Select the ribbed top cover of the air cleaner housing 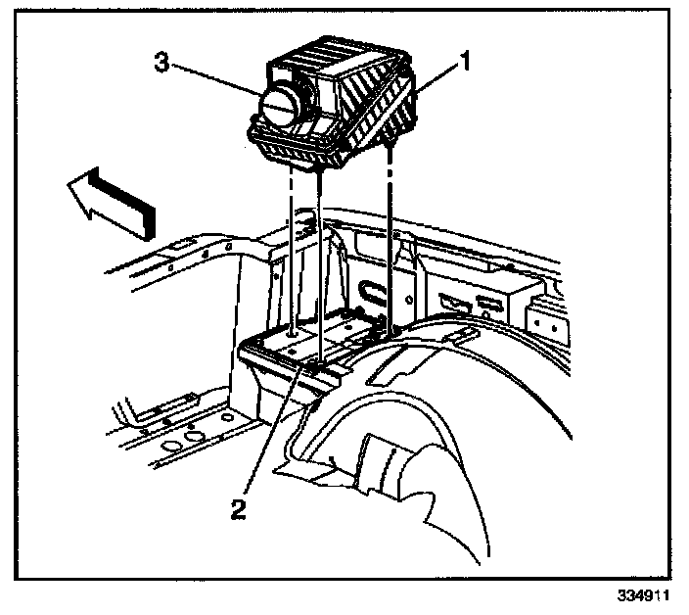pos(338,69)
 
